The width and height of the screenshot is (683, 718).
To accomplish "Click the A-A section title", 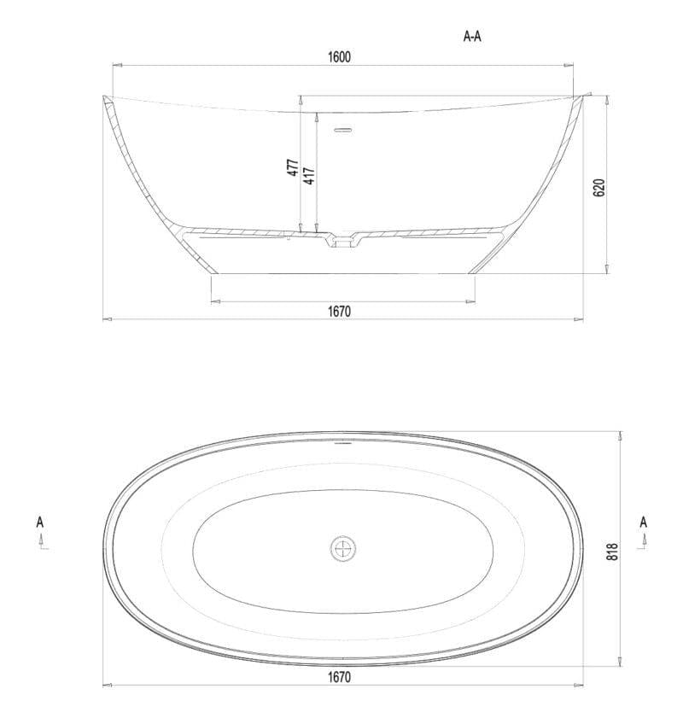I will coord(476,37).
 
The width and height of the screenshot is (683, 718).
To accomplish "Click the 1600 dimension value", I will coord(339,57).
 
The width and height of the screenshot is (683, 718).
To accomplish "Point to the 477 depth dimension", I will coord(293,168).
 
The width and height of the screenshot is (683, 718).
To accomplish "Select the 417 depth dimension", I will coord(310,175).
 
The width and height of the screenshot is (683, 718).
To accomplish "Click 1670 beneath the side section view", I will coord(339,312).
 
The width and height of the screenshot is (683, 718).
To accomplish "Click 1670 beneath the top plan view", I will coord(339,677).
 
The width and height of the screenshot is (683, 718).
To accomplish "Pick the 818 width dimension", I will coord(612,552).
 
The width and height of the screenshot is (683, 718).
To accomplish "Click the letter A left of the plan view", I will coord(40,522).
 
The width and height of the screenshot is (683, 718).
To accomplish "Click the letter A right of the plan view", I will coord(643,522).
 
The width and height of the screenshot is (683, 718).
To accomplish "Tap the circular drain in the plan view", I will coord(343,548).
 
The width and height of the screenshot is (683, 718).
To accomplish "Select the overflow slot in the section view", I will coord(342,131).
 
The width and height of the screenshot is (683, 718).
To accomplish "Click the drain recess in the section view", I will coord(343,242).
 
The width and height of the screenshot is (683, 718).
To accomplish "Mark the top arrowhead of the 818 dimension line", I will coord(621,435).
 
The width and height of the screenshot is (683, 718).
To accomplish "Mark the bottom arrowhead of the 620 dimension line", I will coord(605,269).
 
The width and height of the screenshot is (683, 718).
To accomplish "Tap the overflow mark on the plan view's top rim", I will coord(342,444).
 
